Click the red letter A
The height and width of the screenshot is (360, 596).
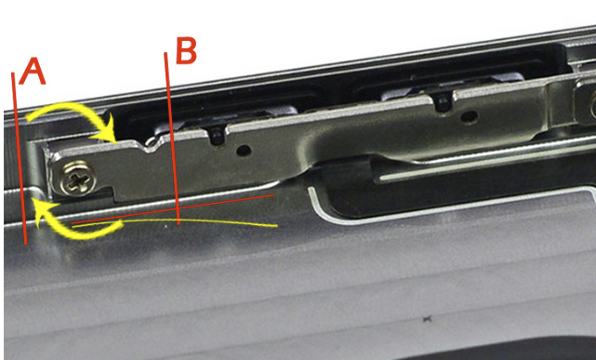coord(33,72)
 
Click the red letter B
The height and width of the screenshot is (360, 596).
coord(186,50)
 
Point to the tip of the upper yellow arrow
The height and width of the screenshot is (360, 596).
coord(115,142)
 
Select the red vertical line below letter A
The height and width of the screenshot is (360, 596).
coord(19,158)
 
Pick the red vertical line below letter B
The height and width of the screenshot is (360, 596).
coord(172,139)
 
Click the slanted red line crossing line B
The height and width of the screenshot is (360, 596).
coord(173,208)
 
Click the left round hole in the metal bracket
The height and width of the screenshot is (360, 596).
coord(244,151)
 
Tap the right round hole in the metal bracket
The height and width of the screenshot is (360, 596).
coord(470,116)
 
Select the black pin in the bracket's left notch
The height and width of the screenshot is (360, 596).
coord(217,136)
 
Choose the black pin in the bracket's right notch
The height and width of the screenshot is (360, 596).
coord(442,102)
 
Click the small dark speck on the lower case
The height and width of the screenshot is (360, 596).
coord(428,318)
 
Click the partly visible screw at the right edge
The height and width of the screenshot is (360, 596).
coord(592,107)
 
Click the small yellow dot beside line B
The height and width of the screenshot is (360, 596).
coord(166,227)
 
